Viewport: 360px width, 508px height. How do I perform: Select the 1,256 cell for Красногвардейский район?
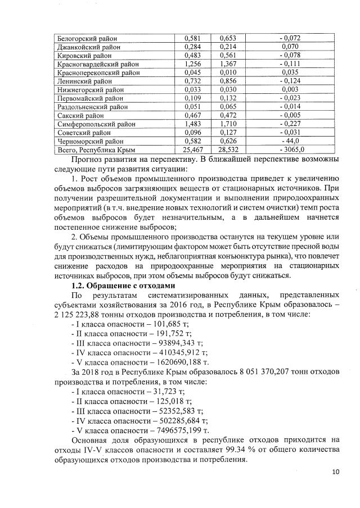(x=193, y=65)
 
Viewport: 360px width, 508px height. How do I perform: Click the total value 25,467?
(x=193, y=150)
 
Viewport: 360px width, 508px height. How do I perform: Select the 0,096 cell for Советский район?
(x=193, y=132)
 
